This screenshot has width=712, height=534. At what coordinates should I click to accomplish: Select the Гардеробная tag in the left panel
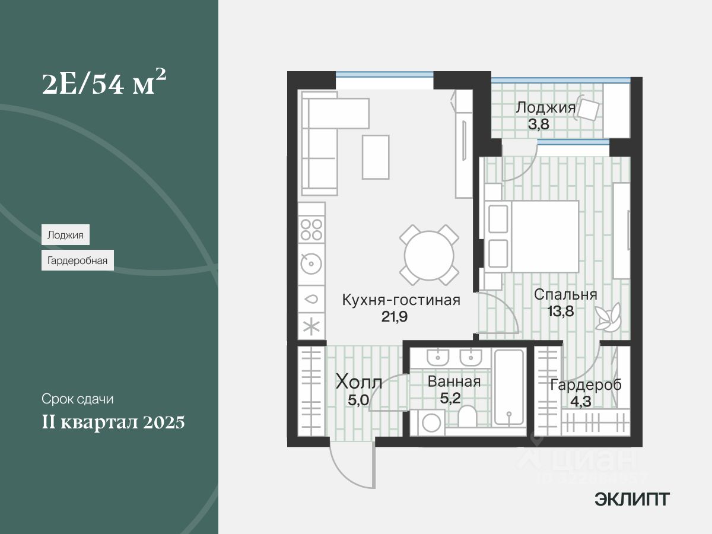pyautogui.click(x=77, y=260)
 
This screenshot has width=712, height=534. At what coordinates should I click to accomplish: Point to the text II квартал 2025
pyautogui.click(x=113, y=422)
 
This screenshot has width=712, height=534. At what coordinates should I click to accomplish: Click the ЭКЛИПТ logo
pyautogui.click(x=632, y=500)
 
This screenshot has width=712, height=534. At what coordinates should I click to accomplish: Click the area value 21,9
pyautogui.click(x=394, y=316)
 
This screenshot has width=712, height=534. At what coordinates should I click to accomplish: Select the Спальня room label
pyautogui.click(x=565, y=295)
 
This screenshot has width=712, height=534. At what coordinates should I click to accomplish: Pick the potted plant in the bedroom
pyautogui.click(x=609, y=317)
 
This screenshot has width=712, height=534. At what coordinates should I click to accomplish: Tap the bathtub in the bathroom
pyautogui.click(x=510, y=387)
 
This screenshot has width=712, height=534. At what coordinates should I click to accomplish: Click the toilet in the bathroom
pyautogui.click(x=467, y=416)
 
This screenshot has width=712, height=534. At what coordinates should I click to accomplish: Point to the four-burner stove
pyautogui.click(x=311, y=230)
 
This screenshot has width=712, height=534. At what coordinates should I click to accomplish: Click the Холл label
pyautogui.click(x=358, y=382)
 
